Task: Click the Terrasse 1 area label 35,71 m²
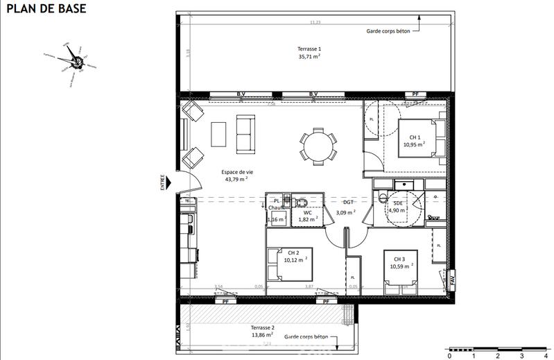[x=309, y=53]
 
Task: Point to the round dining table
[x=318, y=146]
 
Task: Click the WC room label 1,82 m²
[x=308, y=216]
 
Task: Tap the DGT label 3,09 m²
[x=345, y=207]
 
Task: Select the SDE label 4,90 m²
[x=397, y=206]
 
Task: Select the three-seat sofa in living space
[x=245, y=133]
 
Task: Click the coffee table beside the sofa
[x=219, y=133]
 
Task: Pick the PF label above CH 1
[x=416, y=94]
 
